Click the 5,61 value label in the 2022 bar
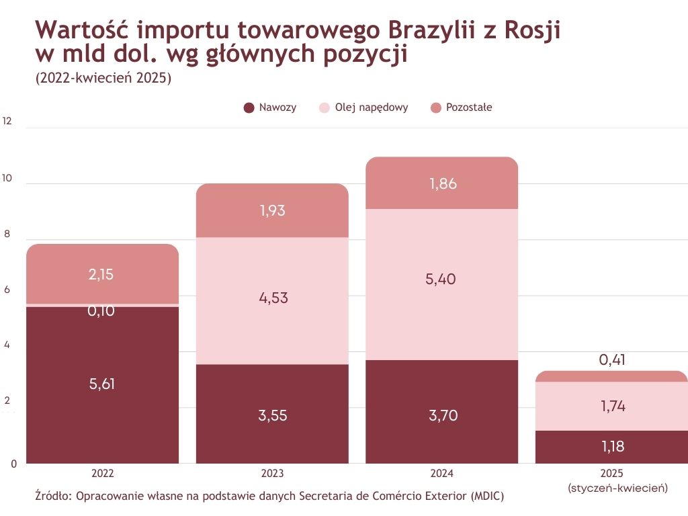coord(103,384)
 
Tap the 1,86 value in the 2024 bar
coord(443,183)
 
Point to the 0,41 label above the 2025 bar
coord(612,360)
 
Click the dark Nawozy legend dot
coord(249,107)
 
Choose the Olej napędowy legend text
coord(372,107)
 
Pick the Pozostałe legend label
coord(469,107)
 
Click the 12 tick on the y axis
coord(7,122)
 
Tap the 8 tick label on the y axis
coord(7,234)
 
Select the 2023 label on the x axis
coord(272,473)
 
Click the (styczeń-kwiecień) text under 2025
coord(617,488)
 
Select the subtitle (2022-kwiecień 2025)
coord(103,78)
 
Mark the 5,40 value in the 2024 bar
coord(442,279)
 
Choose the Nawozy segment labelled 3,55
coord(272,415)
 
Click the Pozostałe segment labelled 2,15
coord(103,274)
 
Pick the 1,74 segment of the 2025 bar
coord(612,406)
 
